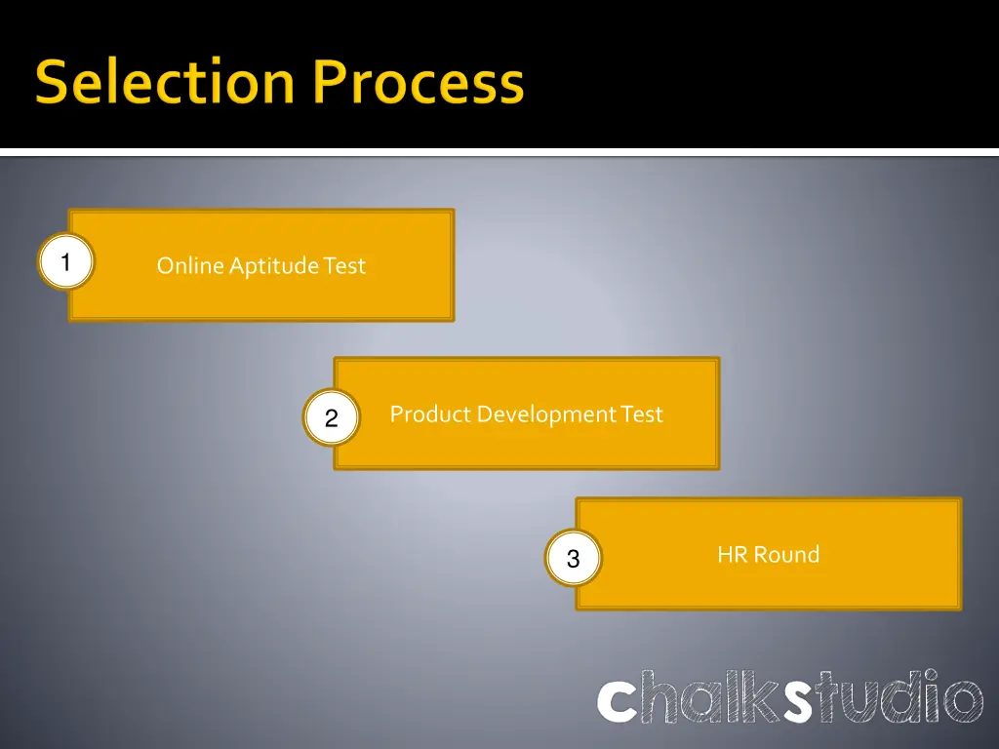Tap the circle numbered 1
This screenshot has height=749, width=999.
pos(65,263)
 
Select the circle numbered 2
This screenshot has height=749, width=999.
pos(331,418)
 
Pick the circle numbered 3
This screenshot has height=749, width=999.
pos(573,559)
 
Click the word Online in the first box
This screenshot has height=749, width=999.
pos(190,265)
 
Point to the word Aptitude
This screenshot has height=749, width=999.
pos(274,265)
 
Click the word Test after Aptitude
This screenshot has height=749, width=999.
pos(344,265)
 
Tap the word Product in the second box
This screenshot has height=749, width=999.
pos(430,414)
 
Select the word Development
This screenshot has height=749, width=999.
pos(545,414)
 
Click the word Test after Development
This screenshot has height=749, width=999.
pos(642,414)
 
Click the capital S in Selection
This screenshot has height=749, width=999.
pos(53,83)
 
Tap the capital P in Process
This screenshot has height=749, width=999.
pos(334,83)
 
